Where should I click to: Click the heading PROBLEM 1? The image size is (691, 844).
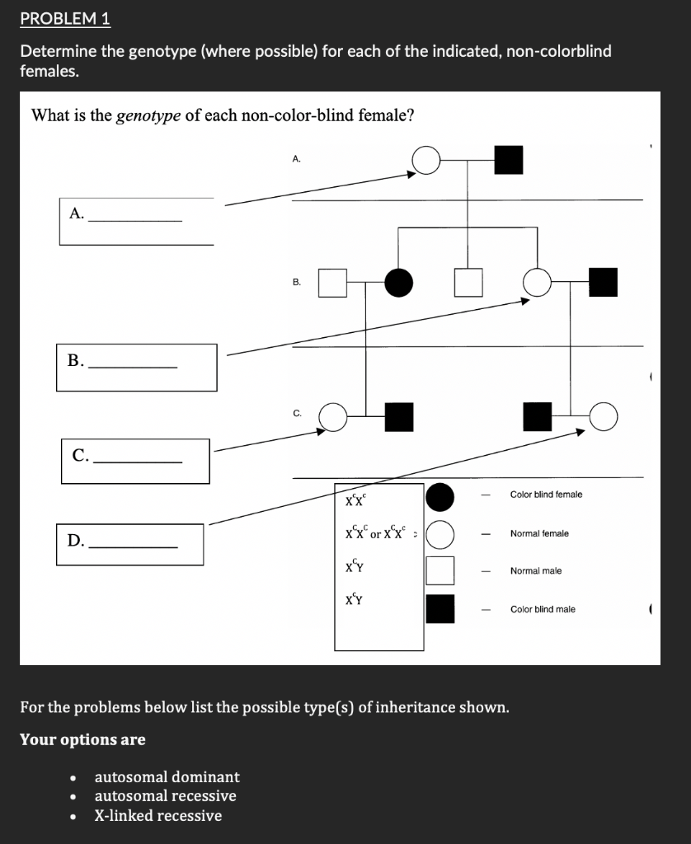[x=65, y=18]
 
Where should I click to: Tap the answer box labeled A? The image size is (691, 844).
[x=136, y=220]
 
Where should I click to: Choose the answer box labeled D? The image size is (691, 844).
[x=130, y=544]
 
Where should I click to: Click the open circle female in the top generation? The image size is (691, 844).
[x=426, y=160]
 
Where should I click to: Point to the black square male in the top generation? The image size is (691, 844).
[x=509, y=160]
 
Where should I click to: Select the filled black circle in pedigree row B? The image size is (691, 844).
[x=399, y=283]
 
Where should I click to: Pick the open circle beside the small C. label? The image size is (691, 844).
[x=332, y=417]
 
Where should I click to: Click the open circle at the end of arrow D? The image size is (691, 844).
[x=603, y=417]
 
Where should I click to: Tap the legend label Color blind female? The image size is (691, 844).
[x=546, y=495]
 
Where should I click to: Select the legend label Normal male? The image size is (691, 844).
[x=536, y=570]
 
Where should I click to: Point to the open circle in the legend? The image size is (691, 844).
[x=440, y=533]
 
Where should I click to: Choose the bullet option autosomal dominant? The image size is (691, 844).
[x=167, y=776]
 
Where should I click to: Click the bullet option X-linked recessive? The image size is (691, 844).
[x=157, y=815]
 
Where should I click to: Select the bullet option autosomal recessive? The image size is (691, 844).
[x=165, y=795]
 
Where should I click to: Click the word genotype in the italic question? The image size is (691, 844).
[x=149, y=115]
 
